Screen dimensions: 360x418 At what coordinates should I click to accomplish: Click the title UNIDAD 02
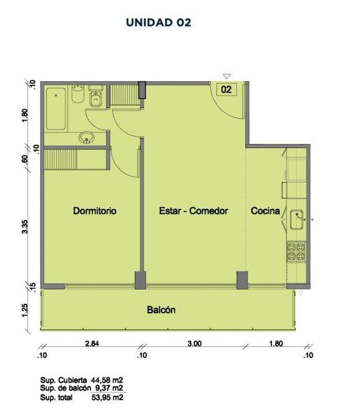[158, 22]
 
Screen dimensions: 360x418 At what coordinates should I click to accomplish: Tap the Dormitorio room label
[95, 211]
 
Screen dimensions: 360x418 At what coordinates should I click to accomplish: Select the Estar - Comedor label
[193, 211]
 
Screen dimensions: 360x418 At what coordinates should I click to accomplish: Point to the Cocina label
[265, 211]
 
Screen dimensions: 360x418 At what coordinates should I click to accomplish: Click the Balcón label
[161, 310]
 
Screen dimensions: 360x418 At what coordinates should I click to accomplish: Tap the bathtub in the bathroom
[56, 109]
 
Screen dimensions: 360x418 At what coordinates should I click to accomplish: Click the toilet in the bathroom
[95, 97]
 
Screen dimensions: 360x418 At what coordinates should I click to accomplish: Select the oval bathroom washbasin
[86, 138]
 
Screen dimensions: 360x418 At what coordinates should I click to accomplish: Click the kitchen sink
[297, 220]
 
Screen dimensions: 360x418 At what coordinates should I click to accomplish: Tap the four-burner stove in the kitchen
[296, 252]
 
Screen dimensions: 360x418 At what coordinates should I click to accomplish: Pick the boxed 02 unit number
[226, 89]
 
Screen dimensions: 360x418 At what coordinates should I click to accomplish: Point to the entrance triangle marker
[226, 77]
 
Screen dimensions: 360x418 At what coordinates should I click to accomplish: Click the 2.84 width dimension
[92, 343]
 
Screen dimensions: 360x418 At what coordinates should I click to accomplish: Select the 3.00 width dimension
[195, 343]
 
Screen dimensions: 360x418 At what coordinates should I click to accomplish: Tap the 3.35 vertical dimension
[24, 226]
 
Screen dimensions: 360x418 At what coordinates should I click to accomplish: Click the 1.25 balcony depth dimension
[24, 311]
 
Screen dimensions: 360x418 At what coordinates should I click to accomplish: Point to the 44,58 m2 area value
[107, 380]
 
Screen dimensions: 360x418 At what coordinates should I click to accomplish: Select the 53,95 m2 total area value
[107, 398]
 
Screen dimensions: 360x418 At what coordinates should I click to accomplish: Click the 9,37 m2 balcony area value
[109, 388]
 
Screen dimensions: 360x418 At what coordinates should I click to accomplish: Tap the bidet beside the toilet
[78, 94]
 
